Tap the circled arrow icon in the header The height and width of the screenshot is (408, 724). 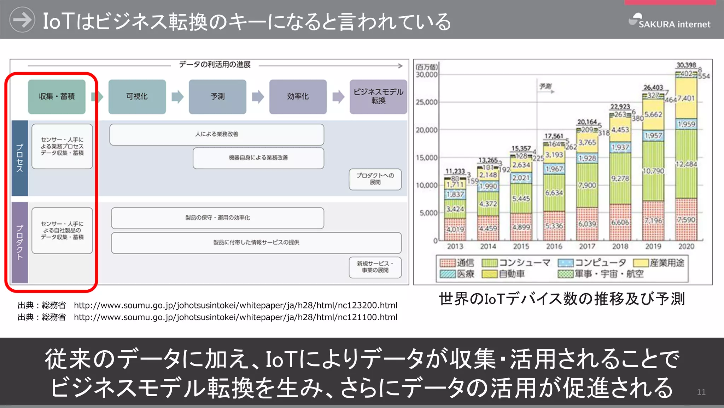click(x=22, y=20)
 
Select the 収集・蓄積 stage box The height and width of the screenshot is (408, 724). click(x=57, y=96)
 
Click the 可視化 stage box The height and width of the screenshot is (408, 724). click(x=137, y=96)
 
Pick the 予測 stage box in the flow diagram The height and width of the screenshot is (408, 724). click(x=217, y=96)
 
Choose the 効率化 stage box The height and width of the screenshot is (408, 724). click(x=298, y=96)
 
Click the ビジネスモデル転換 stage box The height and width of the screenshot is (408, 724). click(x=378, y=96)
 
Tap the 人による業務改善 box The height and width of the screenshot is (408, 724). click(x=216, y=134)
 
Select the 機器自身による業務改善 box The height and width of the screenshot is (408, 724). click(x=258, y=158)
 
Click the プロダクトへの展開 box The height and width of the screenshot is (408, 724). click(x=375, y=179)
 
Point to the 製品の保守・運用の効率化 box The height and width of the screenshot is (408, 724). click(x=217, y=218)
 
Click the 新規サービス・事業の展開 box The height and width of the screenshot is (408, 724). click(x=375, y=267)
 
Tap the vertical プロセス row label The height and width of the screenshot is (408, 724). click(x=20, y=158)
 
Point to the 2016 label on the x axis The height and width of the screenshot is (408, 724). click(x=554, y=246)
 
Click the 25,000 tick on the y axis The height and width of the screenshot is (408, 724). click(x=426, y=102)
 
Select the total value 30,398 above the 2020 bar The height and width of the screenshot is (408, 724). click(x=686, y=65)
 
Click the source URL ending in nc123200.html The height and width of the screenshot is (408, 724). click(x=235, y=305)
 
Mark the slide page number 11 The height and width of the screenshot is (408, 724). click(x=701, y=392)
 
